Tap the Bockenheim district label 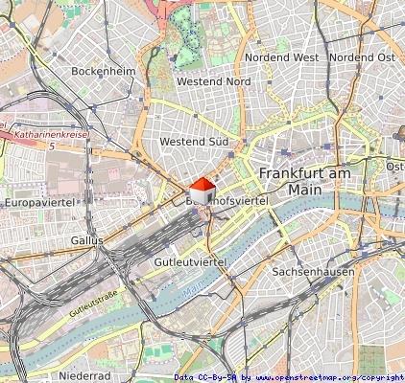(x=103, y=71)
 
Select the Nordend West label (x=281, y=57)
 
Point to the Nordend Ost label (x=362, y=57)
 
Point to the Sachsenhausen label (x=314, y=272)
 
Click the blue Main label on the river (x=196, y=284)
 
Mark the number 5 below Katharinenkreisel (x=51, y=146)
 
